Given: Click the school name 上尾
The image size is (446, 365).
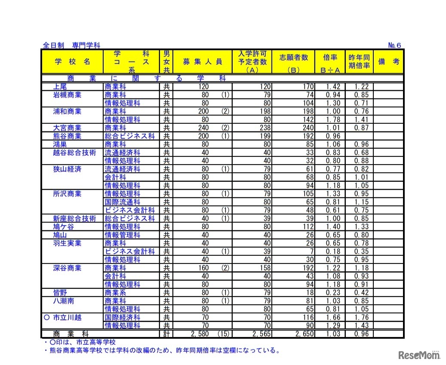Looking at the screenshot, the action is [x=60, y=87].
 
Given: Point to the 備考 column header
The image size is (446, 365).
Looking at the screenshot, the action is [x=388, y=61].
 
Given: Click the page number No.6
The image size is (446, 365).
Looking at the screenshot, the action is [x=394, y=45].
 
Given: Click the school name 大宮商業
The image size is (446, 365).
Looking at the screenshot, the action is [x=67, y=128].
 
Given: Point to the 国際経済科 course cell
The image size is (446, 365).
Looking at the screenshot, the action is [x=123, y=317].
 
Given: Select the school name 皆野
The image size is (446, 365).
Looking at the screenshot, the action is [x=60, y=292].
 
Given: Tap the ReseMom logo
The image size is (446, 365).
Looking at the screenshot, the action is [x=418, y=355].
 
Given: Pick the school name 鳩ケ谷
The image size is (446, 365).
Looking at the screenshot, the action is [x=63, y=227].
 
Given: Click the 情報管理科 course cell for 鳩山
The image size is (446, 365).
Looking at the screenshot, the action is [x=123, y=235].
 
